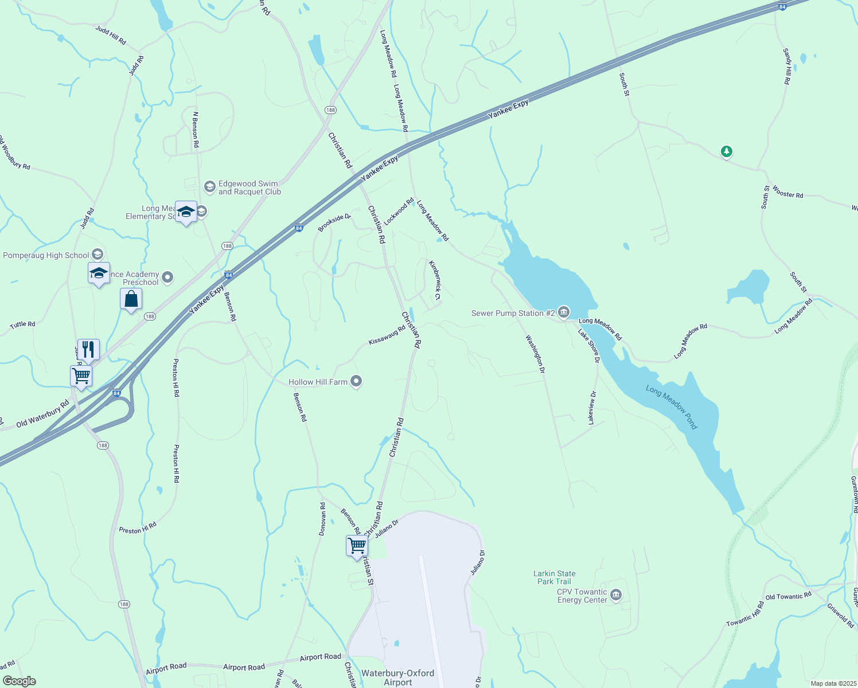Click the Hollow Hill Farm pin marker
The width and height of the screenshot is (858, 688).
point(356,381)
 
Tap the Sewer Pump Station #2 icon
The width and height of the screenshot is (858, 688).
point(564,312)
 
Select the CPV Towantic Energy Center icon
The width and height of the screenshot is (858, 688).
point(616,595)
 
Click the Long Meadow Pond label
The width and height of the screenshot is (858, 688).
point(672,407)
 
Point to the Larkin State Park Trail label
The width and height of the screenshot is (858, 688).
point(554,577)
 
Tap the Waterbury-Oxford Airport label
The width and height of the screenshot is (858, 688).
point(397,678)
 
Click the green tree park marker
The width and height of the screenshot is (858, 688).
point(727,151)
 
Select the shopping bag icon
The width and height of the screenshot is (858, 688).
point(131,299)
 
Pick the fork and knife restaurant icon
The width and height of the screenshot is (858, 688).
point(88,349)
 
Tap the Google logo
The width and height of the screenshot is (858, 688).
point(19,681)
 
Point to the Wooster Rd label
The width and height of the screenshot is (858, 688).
point(787,192)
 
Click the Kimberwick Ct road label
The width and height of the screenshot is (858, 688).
point(435,280)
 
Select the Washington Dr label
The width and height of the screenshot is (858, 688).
point(535,354)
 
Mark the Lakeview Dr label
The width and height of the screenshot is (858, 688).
point(591,408)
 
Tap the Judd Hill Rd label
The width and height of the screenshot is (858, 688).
point(111,36)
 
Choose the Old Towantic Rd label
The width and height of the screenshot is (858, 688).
point(789,596)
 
